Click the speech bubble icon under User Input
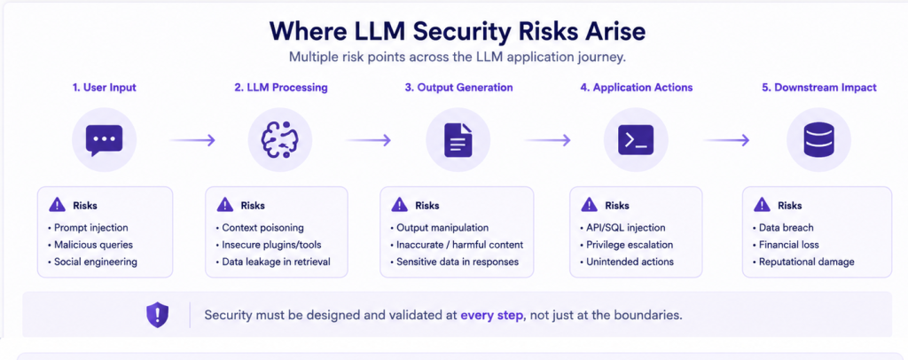[x=105, y=140]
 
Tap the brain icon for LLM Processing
[x=280, y=141]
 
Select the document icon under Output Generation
[x=458, y=140]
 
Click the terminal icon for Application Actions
[x=636, y=140]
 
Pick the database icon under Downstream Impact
[x=818, y=140]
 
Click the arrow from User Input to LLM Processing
[x=192, y=140]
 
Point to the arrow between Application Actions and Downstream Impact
[x=726, y=140]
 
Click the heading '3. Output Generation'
[x=458, y=88]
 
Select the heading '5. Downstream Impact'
[x=818, y=88]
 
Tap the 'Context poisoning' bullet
[x=259, y=228]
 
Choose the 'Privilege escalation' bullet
[x=625, y=244]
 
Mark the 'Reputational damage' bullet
[x=802, y=262]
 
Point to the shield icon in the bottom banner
[x=157, y=314]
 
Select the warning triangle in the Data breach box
[x=762, y=204]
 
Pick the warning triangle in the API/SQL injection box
[x=590, y=204]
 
